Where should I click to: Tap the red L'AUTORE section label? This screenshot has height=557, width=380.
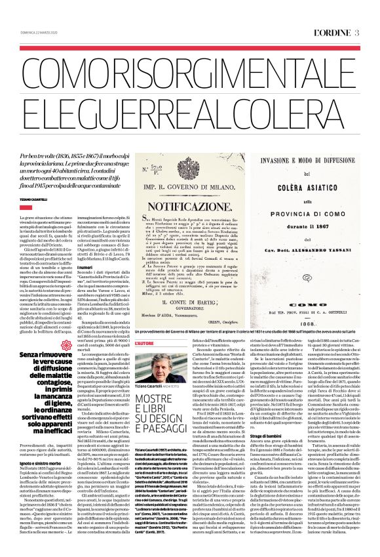144,342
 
